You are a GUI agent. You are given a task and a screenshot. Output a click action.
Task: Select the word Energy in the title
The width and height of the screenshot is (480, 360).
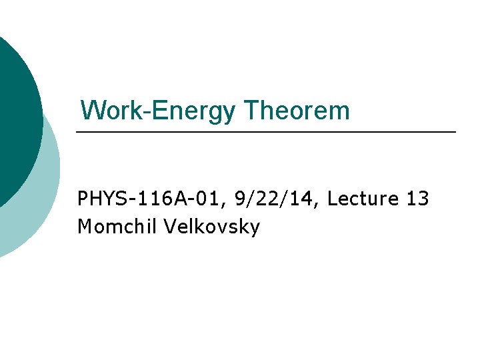click(193, 111)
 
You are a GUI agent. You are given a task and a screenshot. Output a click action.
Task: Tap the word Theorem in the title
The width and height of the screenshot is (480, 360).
click(296, 110)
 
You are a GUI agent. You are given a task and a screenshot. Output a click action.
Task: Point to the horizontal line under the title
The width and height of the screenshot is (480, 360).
click(267, 133)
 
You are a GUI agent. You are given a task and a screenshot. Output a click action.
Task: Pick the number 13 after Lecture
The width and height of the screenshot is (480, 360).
click(417, 199)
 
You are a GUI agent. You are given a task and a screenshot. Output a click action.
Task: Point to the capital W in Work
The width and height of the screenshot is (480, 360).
click(91, 110)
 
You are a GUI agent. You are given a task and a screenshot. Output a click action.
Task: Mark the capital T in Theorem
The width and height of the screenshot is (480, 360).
click(251, 110)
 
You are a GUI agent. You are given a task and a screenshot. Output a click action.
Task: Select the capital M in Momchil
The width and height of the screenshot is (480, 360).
click(85, 227)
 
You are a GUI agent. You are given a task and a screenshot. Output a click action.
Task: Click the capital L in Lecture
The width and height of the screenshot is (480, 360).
click(333, 199)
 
